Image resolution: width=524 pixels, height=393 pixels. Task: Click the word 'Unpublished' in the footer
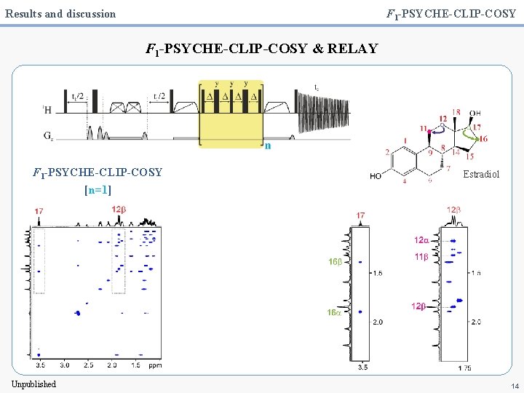(33, 384)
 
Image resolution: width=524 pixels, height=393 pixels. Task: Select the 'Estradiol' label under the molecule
(482, 175)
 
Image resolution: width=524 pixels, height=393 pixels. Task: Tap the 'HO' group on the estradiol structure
(376, 176)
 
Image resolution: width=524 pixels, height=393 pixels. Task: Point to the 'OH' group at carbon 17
(475, 113)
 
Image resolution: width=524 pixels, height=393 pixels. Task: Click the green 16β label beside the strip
(335, 262)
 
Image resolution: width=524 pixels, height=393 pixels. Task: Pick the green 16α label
(335, 311)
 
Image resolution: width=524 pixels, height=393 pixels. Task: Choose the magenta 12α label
(421, 240)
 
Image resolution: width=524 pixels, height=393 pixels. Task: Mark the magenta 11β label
(421, 256)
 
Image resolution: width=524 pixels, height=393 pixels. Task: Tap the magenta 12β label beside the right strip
(418, 306)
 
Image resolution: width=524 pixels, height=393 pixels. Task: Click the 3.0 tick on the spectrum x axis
(64, 365)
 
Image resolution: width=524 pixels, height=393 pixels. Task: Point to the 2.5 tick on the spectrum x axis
(88, 365)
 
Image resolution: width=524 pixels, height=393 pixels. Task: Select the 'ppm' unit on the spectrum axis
(155, 365)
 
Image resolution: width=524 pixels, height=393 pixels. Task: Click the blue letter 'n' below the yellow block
(268, 146)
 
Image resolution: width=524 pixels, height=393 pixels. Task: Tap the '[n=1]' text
(98, 189)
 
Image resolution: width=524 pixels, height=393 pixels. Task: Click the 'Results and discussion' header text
(60, 13)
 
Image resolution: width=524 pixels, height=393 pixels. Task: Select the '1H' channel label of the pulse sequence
(47, 109)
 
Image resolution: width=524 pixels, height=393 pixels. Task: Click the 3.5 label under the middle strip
(362, 368)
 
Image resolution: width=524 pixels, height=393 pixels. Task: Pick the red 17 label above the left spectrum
(39, 211)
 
